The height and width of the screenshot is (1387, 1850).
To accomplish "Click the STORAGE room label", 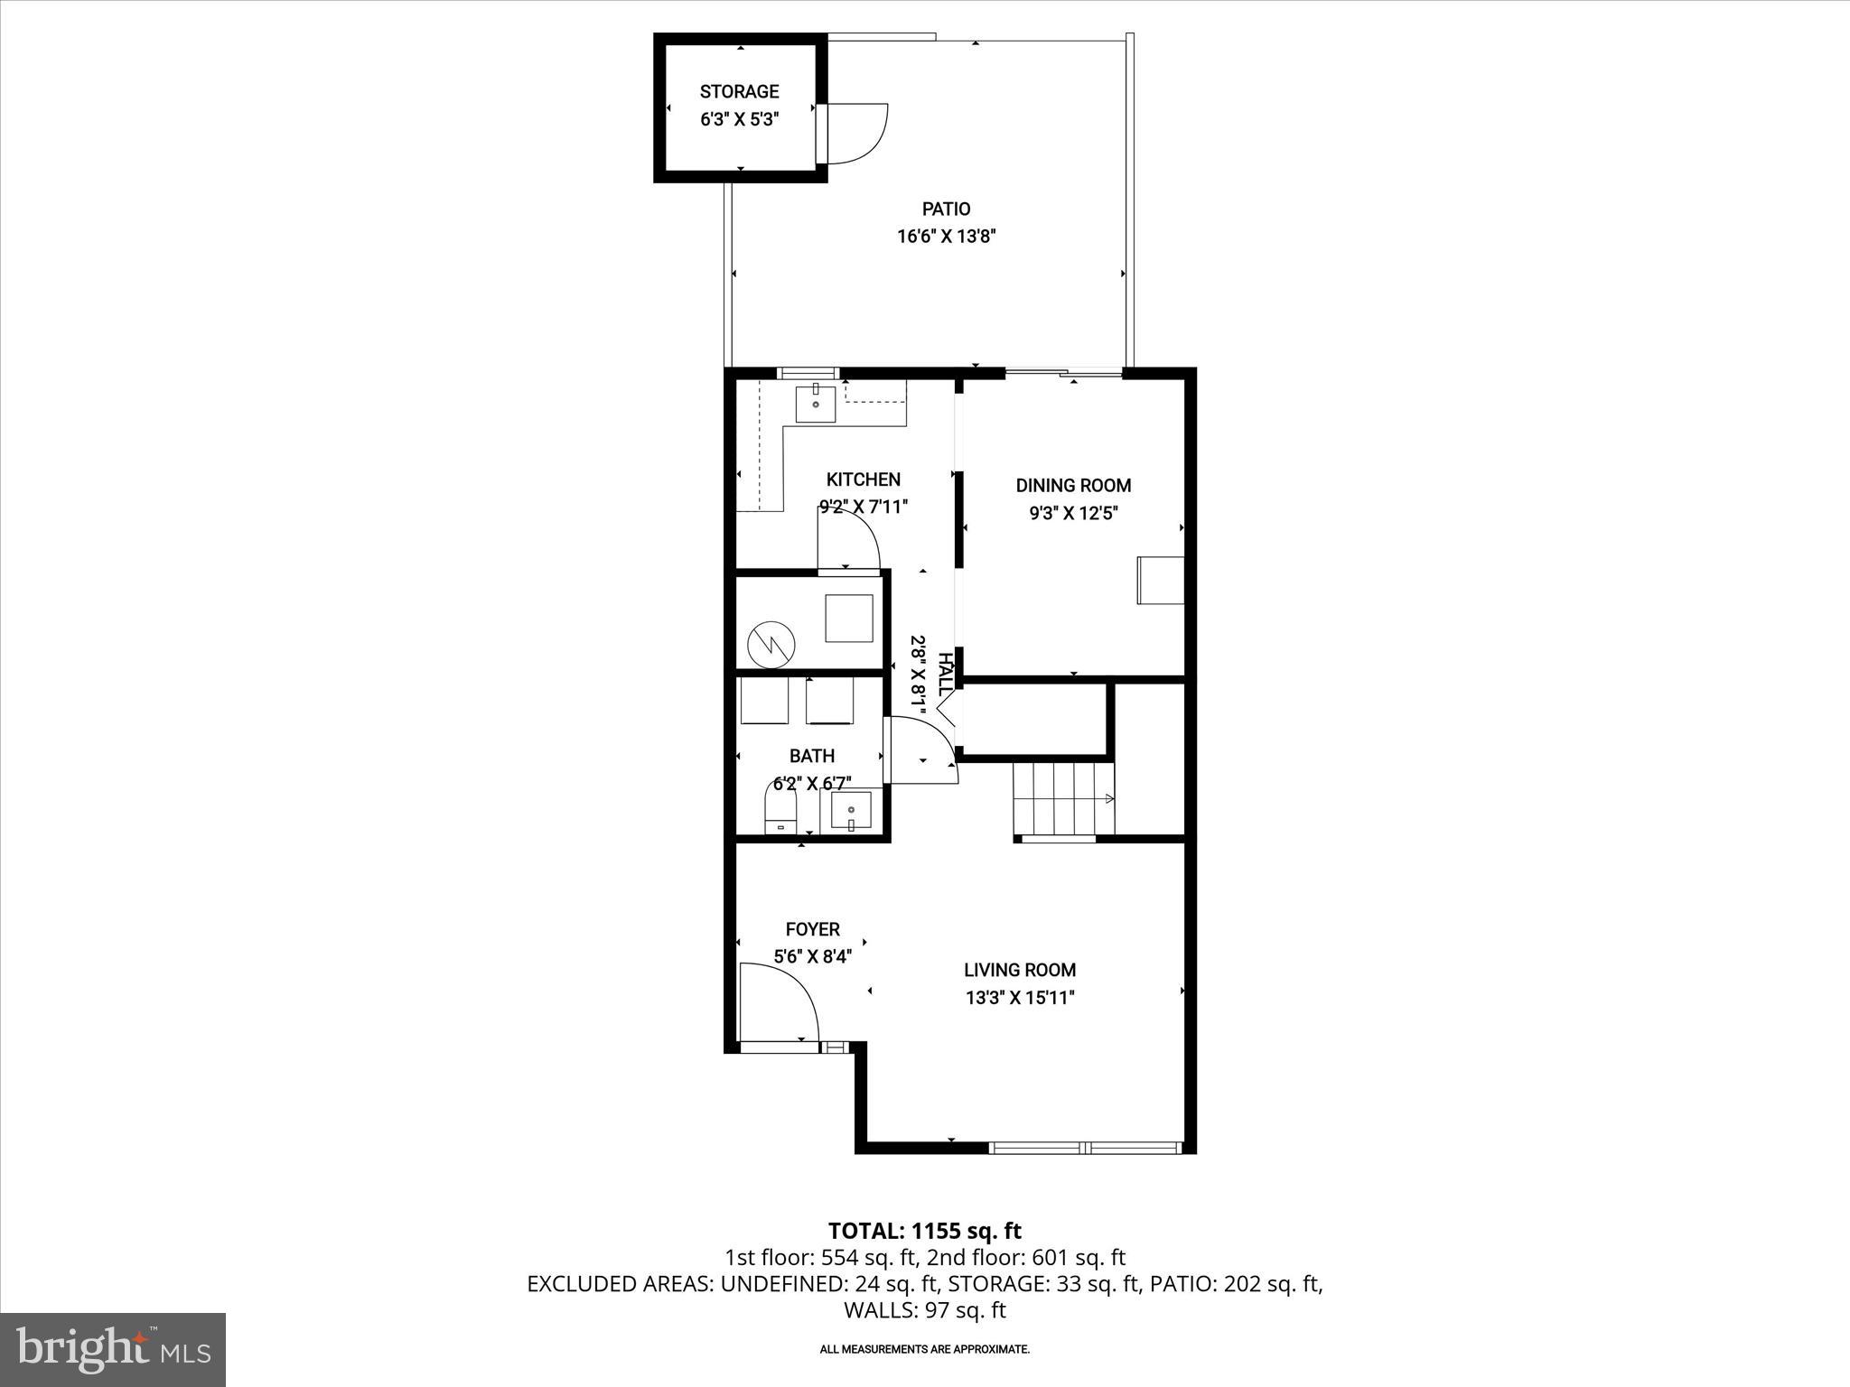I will pos(739,91).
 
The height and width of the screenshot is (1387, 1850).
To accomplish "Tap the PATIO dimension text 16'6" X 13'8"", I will pos(946,237).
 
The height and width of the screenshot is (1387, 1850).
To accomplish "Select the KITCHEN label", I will pos(863,479).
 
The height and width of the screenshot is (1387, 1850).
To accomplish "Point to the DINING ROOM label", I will pos(1073,486).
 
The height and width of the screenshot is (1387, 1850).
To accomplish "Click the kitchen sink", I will pos(815,404).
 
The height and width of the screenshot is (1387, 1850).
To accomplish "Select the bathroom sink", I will pos(851,810).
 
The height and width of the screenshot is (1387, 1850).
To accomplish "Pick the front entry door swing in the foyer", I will pos(777,1002).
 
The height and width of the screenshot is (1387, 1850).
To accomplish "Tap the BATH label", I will pos(812,756).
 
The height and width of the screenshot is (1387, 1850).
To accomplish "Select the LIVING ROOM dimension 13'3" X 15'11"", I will pos(1020,998).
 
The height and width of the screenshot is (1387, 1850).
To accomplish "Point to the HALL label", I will pos(945,674).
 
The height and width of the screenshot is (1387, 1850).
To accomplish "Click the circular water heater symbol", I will pos(771,644).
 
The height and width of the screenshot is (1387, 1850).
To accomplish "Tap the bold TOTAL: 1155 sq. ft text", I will pos(924,1231).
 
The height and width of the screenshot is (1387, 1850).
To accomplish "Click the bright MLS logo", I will pos(113,1349).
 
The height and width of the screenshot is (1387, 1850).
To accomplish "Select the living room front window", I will pos(1084,1148).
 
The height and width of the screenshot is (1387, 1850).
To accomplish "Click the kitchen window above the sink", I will pos(808,373).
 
